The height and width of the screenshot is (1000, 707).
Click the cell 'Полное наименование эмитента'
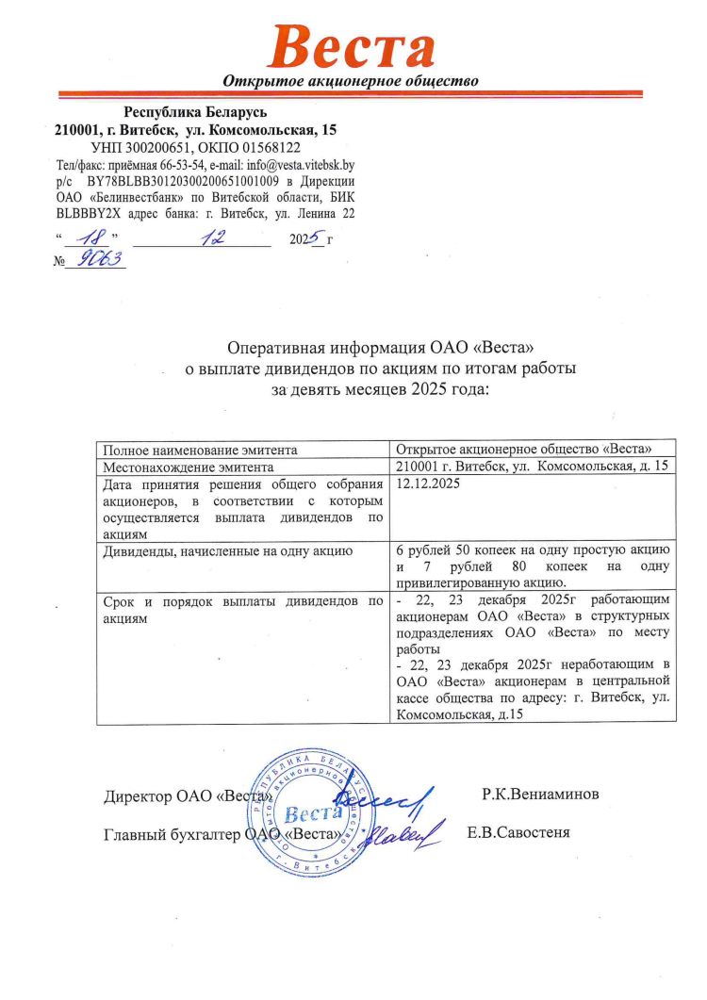pyautogui.click(x=201, y=450)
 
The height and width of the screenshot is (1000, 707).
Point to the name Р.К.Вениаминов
pyautogui.click(x=538, y=794)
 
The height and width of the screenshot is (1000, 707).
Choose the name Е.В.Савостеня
pyautogui.click(x=518, y=834)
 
